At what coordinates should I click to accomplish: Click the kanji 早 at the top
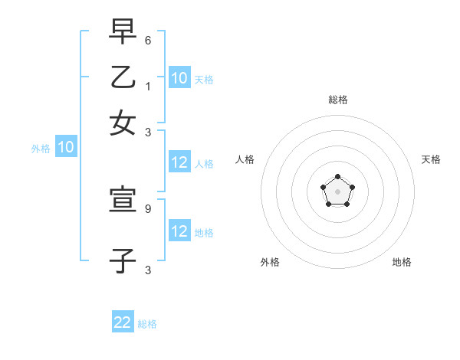[x=123, y=32]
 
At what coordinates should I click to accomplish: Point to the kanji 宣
[x=123, y=201]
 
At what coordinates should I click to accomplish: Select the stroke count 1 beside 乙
[x=148, y=86]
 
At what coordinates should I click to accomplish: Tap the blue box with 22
[x=123, y=322]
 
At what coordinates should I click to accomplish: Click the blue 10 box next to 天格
[x=179, y=78]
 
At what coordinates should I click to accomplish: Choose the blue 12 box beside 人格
[x=179, y=162]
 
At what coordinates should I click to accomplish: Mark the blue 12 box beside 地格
[x=179, y=231]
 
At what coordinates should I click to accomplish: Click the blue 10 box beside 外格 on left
[x=66, y=148]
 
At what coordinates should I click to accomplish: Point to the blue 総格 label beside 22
[x=147, y=324]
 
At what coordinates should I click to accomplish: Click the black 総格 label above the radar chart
[x=338, y=100]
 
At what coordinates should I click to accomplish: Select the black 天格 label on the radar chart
[x=432, y=159]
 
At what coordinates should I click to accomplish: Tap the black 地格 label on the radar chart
[x=402, y=262]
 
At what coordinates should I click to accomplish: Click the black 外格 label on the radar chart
[x=270, y=262]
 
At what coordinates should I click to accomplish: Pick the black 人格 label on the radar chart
[x=245, y=159]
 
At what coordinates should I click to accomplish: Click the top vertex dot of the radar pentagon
[x=338, y=178]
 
